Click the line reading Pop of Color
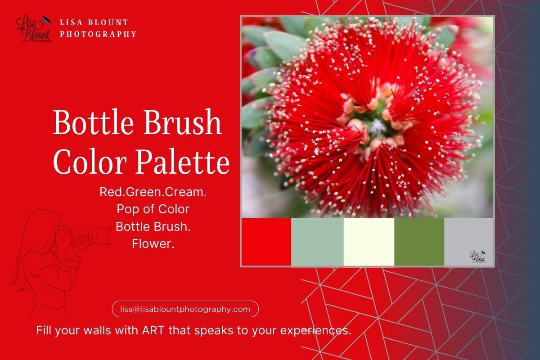tap(153, 209)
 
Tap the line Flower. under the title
tap(153, 244)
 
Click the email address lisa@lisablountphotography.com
tap(185, 309)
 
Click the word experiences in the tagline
tap(315, 330)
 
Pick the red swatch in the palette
tap(266, 242)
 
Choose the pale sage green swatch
tap(317, 242)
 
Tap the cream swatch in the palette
tap(369, 242)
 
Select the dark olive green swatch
tap(419, 242)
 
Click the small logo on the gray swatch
tap(477, 257)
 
